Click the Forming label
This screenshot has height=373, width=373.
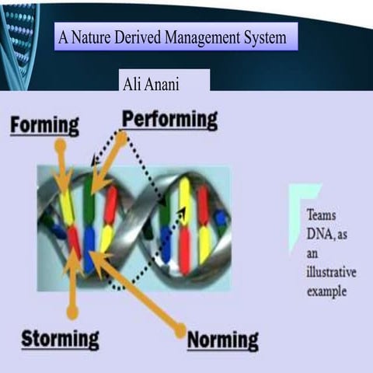[x=44, y=125]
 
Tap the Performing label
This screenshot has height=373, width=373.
[x=169, y=120]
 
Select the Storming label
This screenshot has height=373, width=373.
[x=61, y=339]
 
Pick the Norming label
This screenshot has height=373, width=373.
[x=223, y=340]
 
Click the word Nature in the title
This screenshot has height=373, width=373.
[x=100, y=37]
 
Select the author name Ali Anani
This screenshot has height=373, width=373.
[x=152, y=83]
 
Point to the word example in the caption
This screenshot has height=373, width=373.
[x=326, y=292]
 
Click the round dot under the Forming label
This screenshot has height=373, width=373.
[x=60, y=145]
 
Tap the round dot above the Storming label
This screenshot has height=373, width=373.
[x=72, y=312]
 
